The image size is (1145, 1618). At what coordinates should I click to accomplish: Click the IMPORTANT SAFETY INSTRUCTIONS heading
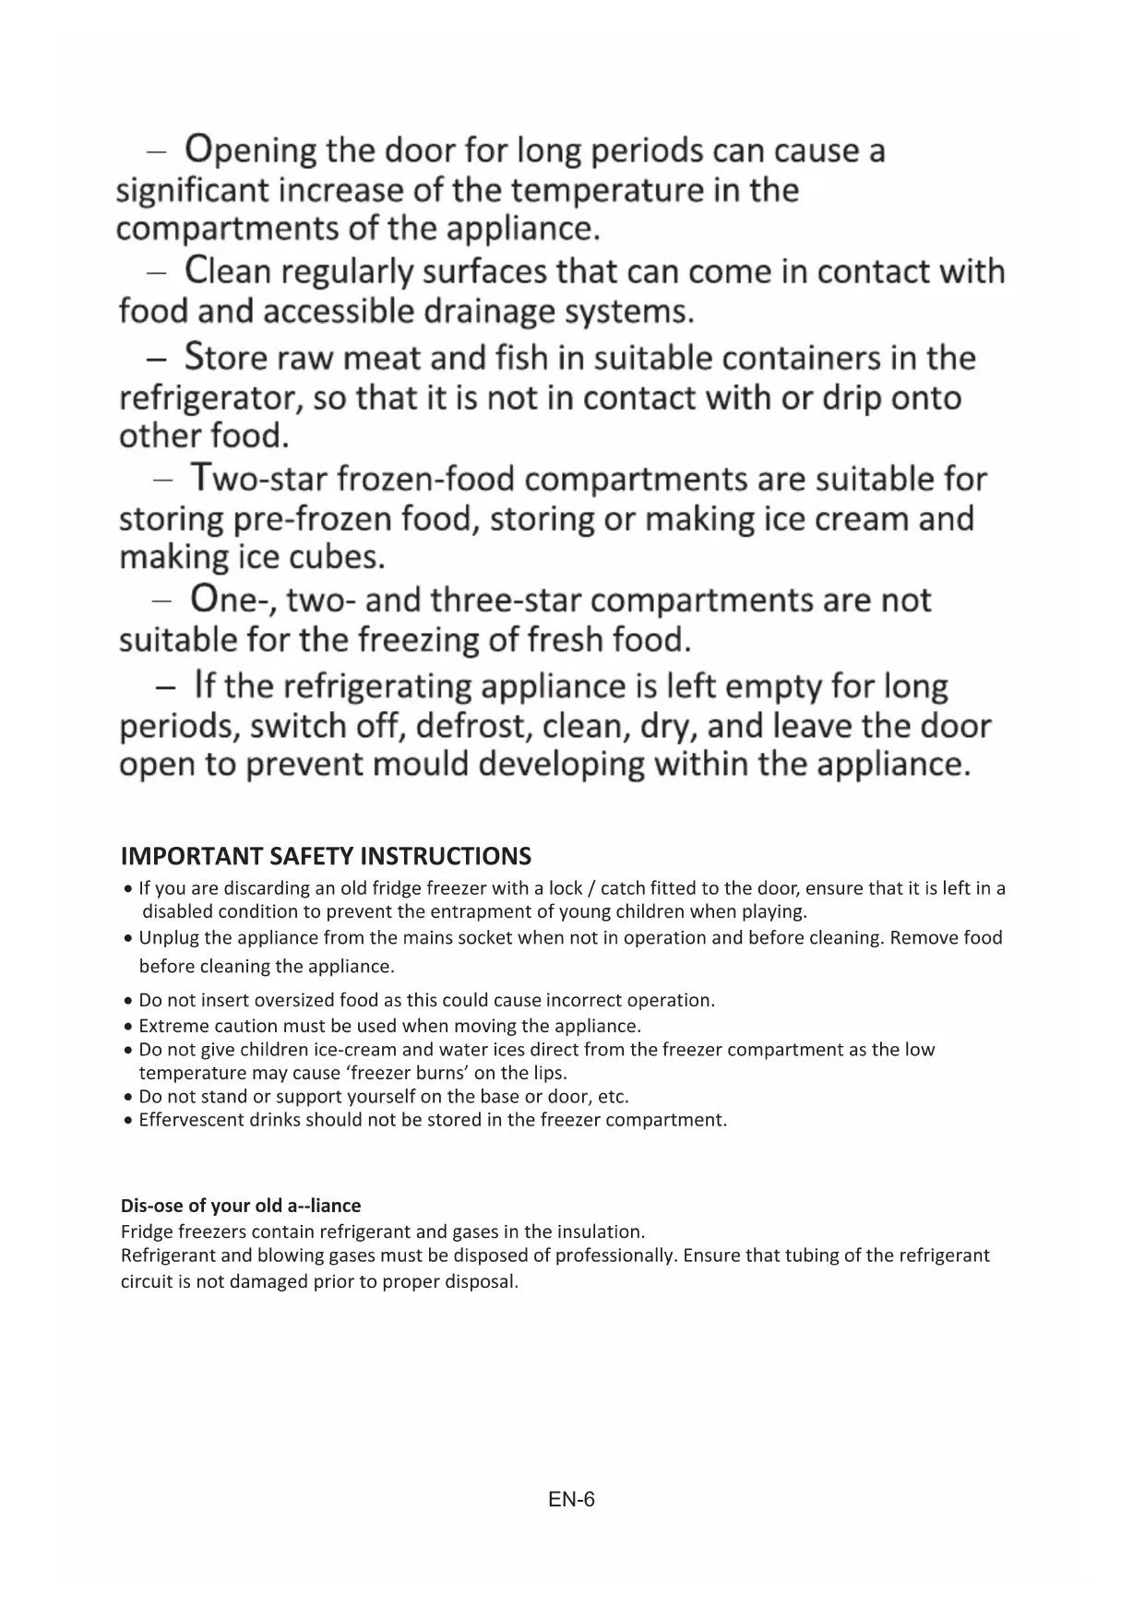coord(326,857)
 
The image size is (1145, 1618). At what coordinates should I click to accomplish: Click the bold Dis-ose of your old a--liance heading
coord(241,1206)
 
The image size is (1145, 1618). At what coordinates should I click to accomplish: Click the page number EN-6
coord(572,1500)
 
